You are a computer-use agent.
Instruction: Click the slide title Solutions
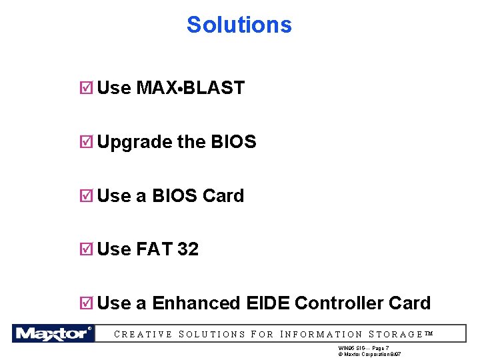pos(239,25)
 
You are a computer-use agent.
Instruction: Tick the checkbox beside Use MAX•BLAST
pos(85,88)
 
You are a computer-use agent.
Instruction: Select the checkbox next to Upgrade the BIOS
pos(85,142)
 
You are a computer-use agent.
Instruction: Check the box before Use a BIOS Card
pos(85,196)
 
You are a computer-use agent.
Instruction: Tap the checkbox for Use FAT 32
pos(85,249)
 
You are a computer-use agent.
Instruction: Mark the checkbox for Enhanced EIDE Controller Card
pos(85,303)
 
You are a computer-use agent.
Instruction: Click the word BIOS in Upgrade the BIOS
pos(233,142)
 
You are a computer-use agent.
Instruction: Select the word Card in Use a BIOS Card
pos(223,196)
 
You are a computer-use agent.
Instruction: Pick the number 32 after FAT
pos(187,249)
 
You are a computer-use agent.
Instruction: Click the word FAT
pos(154,249)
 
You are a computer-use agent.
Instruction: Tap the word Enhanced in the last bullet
pos(196,303)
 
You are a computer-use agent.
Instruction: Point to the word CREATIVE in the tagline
pos(143,335)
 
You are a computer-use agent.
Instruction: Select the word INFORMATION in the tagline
pos(322,335)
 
